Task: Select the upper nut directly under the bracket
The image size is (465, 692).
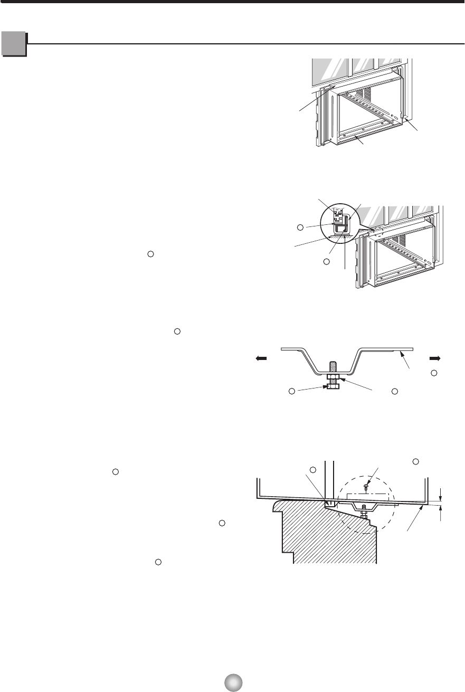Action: [x=333, y=377]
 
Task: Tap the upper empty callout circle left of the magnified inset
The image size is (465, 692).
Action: [x=300, y=227]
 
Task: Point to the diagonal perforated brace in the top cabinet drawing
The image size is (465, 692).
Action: [x=369, y=106]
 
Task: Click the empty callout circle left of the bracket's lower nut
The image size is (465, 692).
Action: [x=291, y=391]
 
